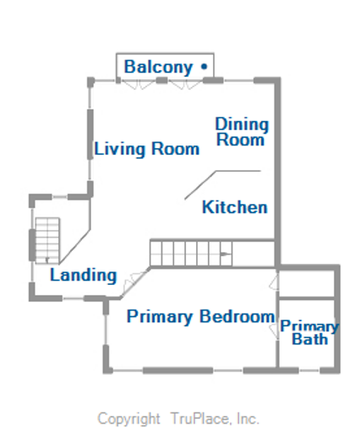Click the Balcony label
tap(159, 67)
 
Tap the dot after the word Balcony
tap(204, 66)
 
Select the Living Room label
tap(147, 150)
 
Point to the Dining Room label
tap(242, 132)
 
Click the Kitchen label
tap(235, 207)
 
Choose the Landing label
tap(83, 275)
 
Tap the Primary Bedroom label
tap(200, 317)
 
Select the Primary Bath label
tap(309, 332)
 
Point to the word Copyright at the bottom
tap(128, 419)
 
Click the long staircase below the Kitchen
tap(190, 253)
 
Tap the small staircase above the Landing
tap(47, 239)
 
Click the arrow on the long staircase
tap(224, 253)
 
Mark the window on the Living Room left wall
tap(90, 136)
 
